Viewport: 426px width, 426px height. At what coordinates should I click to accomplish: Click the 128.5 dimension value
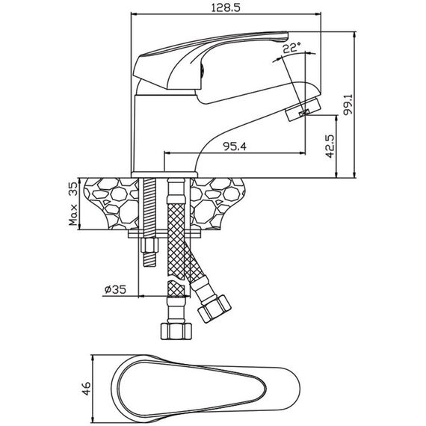tap(226, 7)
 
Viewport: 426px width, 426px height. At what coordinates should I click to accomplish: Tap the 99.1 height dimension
tap(348, 105)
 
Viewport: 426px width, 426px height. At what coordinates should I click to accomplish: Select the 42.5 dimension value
tap(330, 146)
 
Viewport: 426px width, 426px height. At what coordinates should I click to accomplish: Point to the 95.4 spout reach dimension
tap(235, 146)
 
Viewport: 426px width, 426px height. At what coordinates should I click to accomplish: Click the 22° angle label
tap(291, 48)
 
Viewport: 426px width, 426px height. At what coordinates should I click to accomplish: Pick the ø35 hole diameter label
tap(115, 290)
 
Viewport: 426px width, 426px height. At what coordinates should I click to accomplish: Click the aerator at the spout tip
tap(303, 109)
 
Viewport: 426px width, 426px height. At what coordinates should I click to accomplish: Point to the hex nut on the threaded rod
tap(149, 245)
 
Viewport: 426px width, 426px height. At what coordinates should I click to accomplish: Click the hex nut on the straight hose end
tap(176, 331)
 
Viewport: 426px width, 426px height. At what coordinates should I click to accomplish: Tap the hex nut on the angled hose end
tap(214, 309)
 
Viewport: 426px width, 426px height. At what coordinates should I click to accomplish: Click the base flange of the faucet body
tap(164, 174)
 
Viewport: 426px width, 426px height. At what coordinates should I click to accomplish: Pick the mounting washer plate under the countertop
tap(164, 233)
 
